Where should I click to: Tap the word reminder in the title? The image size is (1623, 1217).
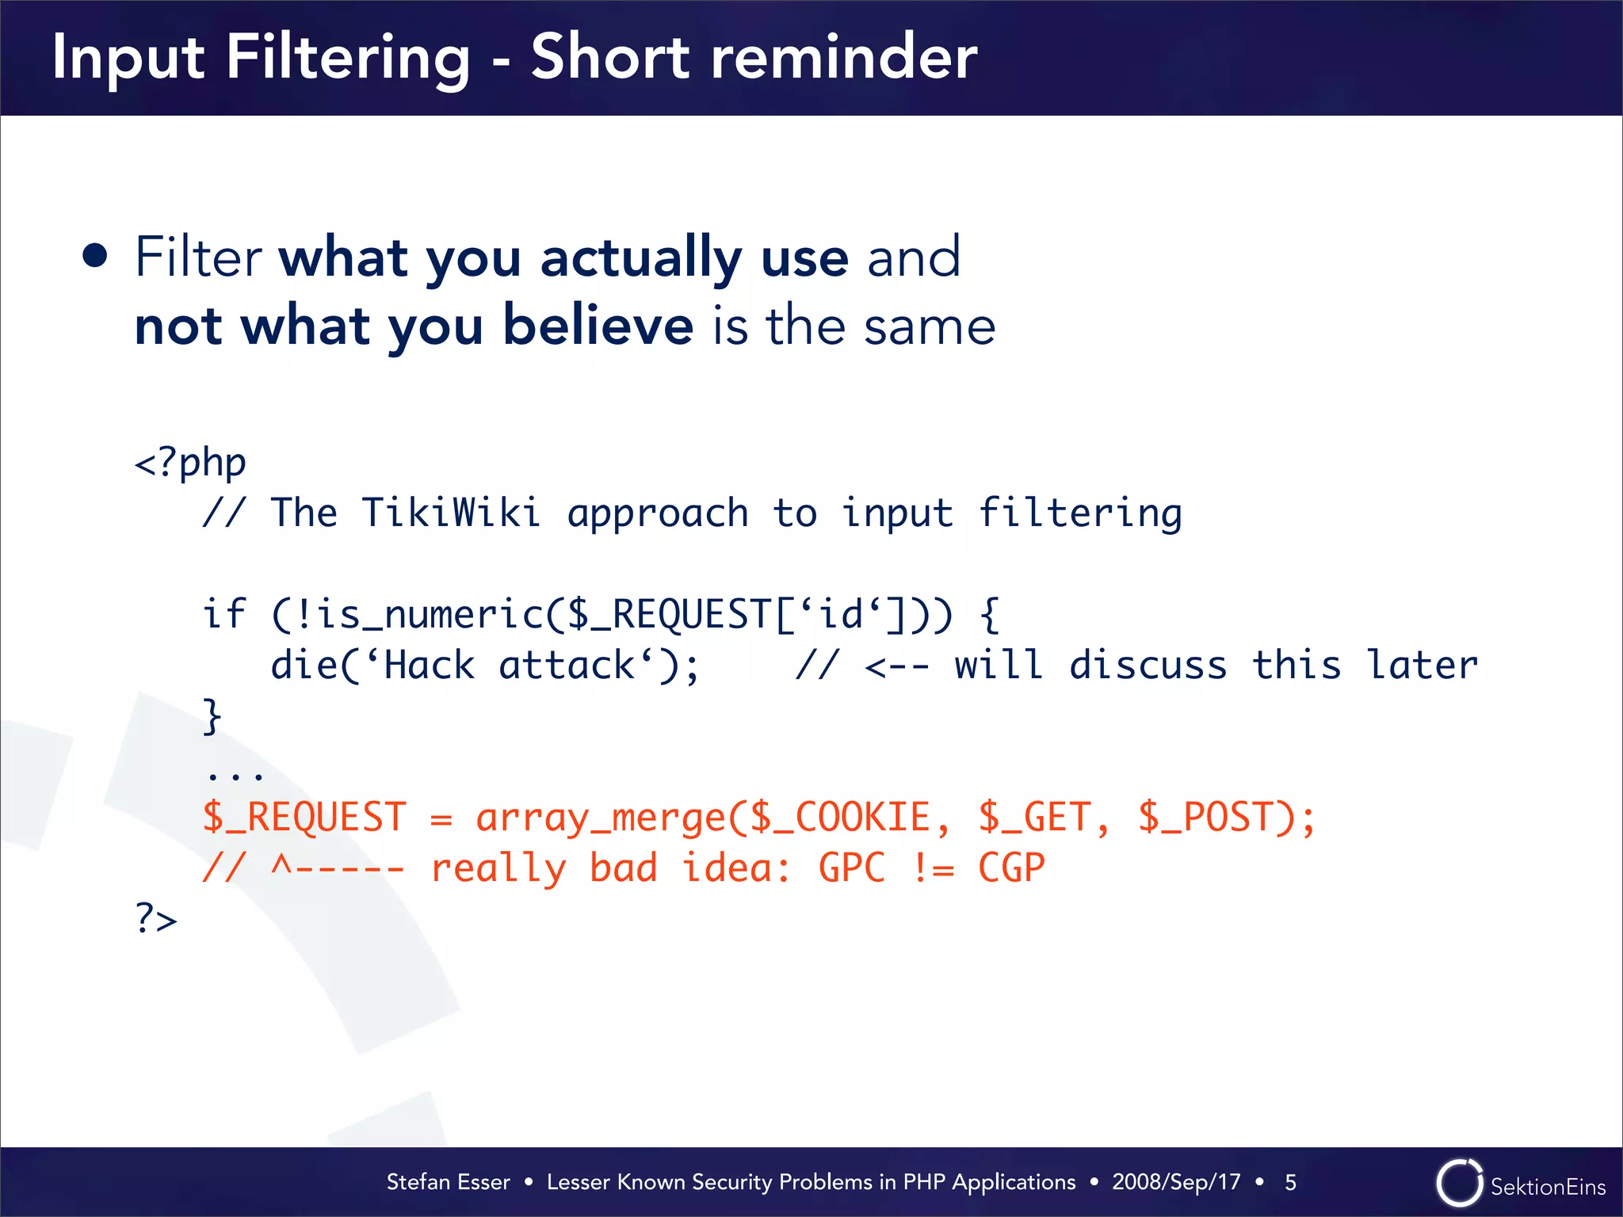pos(843,59)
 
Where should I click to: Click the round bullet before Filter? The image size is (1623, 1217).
pos(95,256)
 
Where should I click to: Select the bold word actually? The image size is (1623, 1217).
pos(640,258)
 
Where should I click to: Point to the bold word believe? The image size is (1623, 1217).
pos(598,326)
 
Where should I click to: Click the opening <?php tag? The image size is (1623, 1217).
pos(190,463)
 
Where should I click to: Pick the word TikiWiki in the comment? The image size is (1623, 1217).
pos(451,513)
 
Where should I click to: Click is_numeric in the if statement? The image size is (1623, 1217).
pos(429,614)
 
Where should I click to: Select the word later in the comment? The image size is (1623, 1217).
pos(1423,665)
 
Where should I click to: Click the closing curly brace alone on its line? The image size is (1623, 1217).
pos(212,716)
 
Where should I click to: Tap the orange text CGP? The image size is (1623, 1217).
pos(1011,868)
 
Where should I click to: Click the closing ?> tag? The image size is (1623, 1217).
pos(156,919)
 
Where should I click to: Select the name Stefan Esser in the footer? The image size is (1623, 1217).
pos(448,1182)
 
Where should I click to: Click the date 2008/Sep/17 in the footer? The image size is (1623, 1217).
pos(1176,1182)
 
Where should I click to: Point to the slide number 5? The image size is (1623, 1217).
pos(1290,1182)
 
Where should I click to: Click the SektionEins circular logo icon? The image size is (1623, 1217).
pos(1459,1183)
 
